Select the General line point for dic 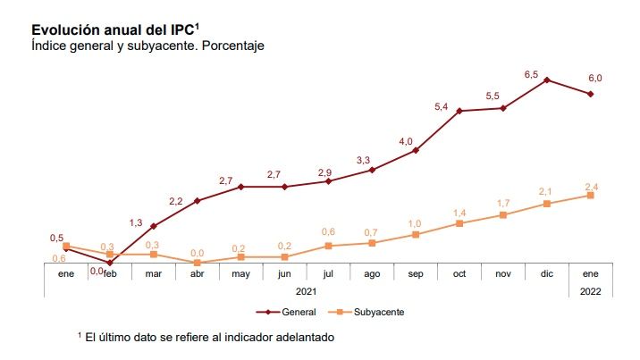[x=547, y=80]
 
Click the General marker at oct [x=459, y=111]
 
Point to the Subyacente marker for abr [x=198, y=263]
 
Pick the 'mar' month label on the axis [x=154, y=273]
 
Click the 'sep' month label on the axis [x=416, y=273]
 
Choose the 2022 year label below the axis [x=591, y=291]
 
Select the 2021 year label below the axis [x=307, y=291]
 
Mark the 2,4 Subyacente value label [x=591, y=186]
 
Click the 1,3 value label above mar [x=136, y=223]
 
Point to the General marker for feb [x=110, y=263]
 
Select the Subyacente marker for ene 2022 [x=591, y=196]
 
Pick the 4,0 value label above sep [x=406, y=142]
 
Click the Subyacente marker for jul [x=328, y=246]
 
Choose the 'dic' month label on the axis [x=547, y=273]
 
